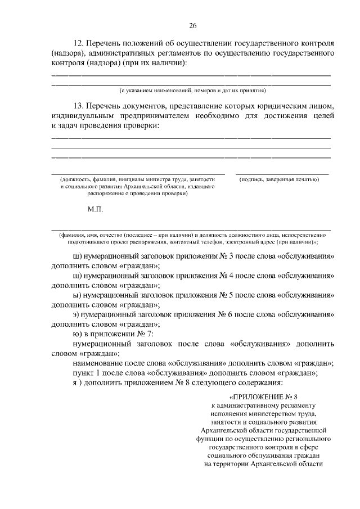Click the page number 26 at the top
pos(192,26)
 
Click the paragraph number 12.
pos(78,43)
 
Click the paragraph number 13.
pos(78,106)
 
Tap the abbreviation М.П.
pos(95,209)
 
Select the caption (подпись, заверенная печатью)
pos(279,179)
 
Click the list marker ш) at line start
pos(77,257)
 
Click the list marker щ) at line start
pos(77,276)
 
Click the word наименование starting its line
pos(98,363)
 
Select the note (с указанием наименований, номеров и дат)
pos(192,90)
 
